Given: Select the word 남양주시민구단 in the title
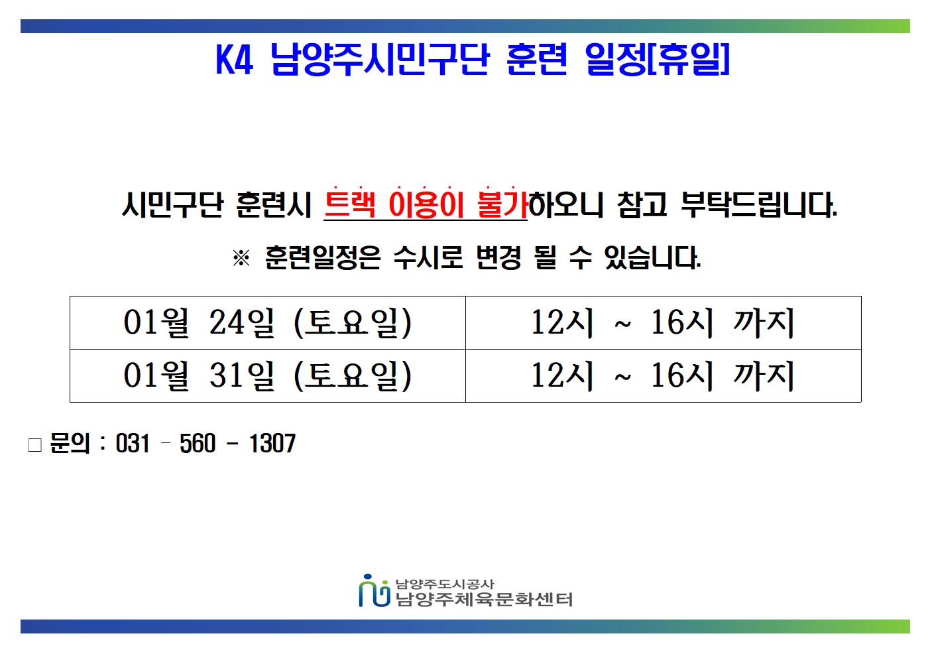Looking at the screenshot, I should pos(380,60).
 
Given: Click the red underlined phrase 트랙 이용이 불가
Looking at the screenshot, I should pos(426,205).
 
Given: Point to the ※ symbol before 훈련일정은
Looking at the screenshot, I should pos(241,258).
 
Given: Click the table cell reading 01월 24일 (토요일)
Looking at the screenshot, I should pos(268,323).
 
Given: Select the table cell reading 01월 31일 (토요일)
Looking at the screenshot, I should pos(268,375).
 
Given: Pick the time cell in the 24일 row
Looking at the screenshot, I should pos(663,323).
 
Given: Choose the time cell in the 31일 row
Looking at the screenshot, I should pos(663,375).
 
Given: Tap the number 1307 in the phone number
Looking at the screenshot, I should pos(272,443).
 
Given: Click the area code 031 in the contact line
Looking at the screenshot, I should pos(133,443).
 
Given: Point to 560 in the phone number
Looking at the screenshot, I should pos(198,443).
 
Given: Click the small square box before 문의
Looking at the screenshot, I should pos(35,444).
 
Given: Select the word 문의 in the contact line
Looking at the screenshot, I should pos(70,443).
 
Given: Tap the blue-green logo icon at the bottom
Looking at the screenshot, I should pos(374,590).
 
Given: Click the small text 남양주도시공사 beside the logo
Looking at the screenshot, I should pos(445,584).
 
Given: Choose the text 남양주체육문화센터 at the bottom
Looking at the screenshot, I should pos(484,600).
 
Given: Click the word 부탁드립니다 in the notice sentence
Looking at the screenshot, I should pos(759,205).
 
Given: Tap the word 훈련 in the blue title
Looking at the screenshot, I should pos(536,60).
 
